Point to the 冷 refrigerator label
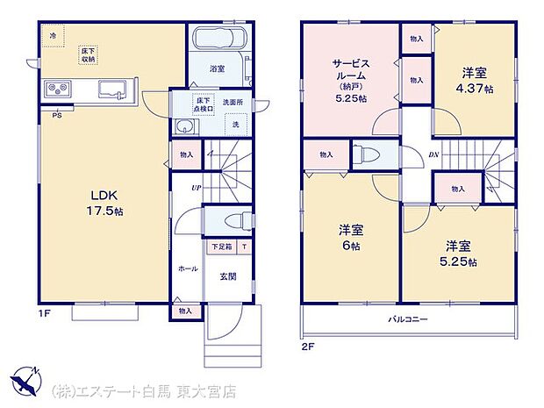(53, 36)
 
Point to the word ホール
(188, 268)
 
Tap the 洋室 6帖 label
(351, 240)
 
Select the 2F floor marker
(308, 346)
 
